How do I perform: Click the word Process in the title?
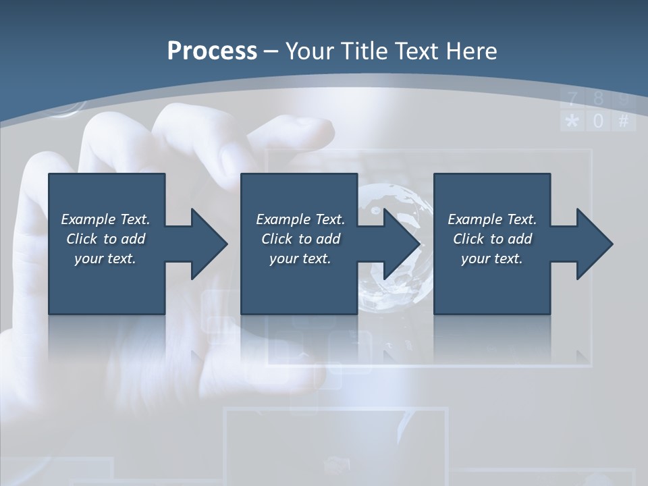(212, 51)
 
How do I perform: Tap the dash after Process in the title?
(271, 52)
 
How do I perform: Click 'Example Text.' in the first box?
(105, 219)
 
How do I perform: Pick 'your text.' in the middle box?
(300, 259)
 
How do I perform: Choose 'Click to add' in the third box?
(492, 239)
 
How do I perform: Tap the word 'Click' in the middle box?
(276, 239)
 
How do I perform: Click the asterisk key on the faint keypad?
(572, 122)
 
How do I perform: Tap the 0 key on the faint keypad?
(598, 122)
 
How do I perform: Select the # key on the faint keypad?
(623, 122)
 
